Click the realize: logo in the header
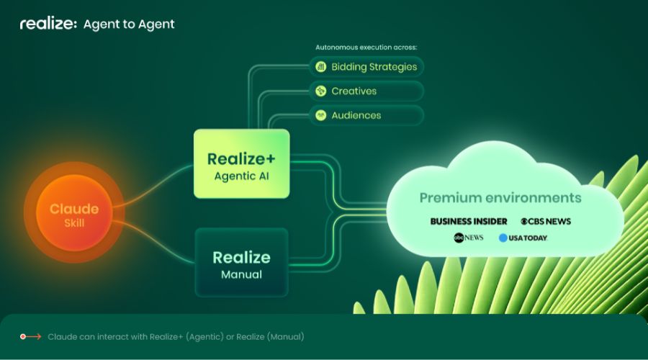tap(48, 24)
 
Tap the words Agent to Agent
tap(129, 24)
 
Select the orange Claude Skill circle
tap(74, 212)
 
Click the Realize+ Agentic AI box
tap(242, 163)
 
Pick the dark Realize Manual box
tap(242, 263)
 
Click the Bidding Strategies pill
tap(366, 66)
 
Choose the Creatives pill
tap(366, 91)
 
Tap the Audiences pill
tap(366, 115)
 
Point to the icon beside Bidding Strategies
tap(320, 66)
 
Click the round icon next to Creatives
tap(320, 91)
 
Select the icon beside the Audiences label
tap(320, 115)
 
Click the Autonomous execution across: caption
tap(366, 47)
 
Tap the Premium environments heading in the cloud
tap(500, 197)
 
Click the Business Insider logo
tap(469, 222)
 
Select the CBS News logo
tap(546, 222)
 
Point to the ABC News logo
tap(469, 238)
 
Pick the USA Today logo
tap(523, 238)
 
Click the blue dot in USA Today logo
tap(503, 238)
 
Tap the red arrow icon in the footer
tap(30, 337)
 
